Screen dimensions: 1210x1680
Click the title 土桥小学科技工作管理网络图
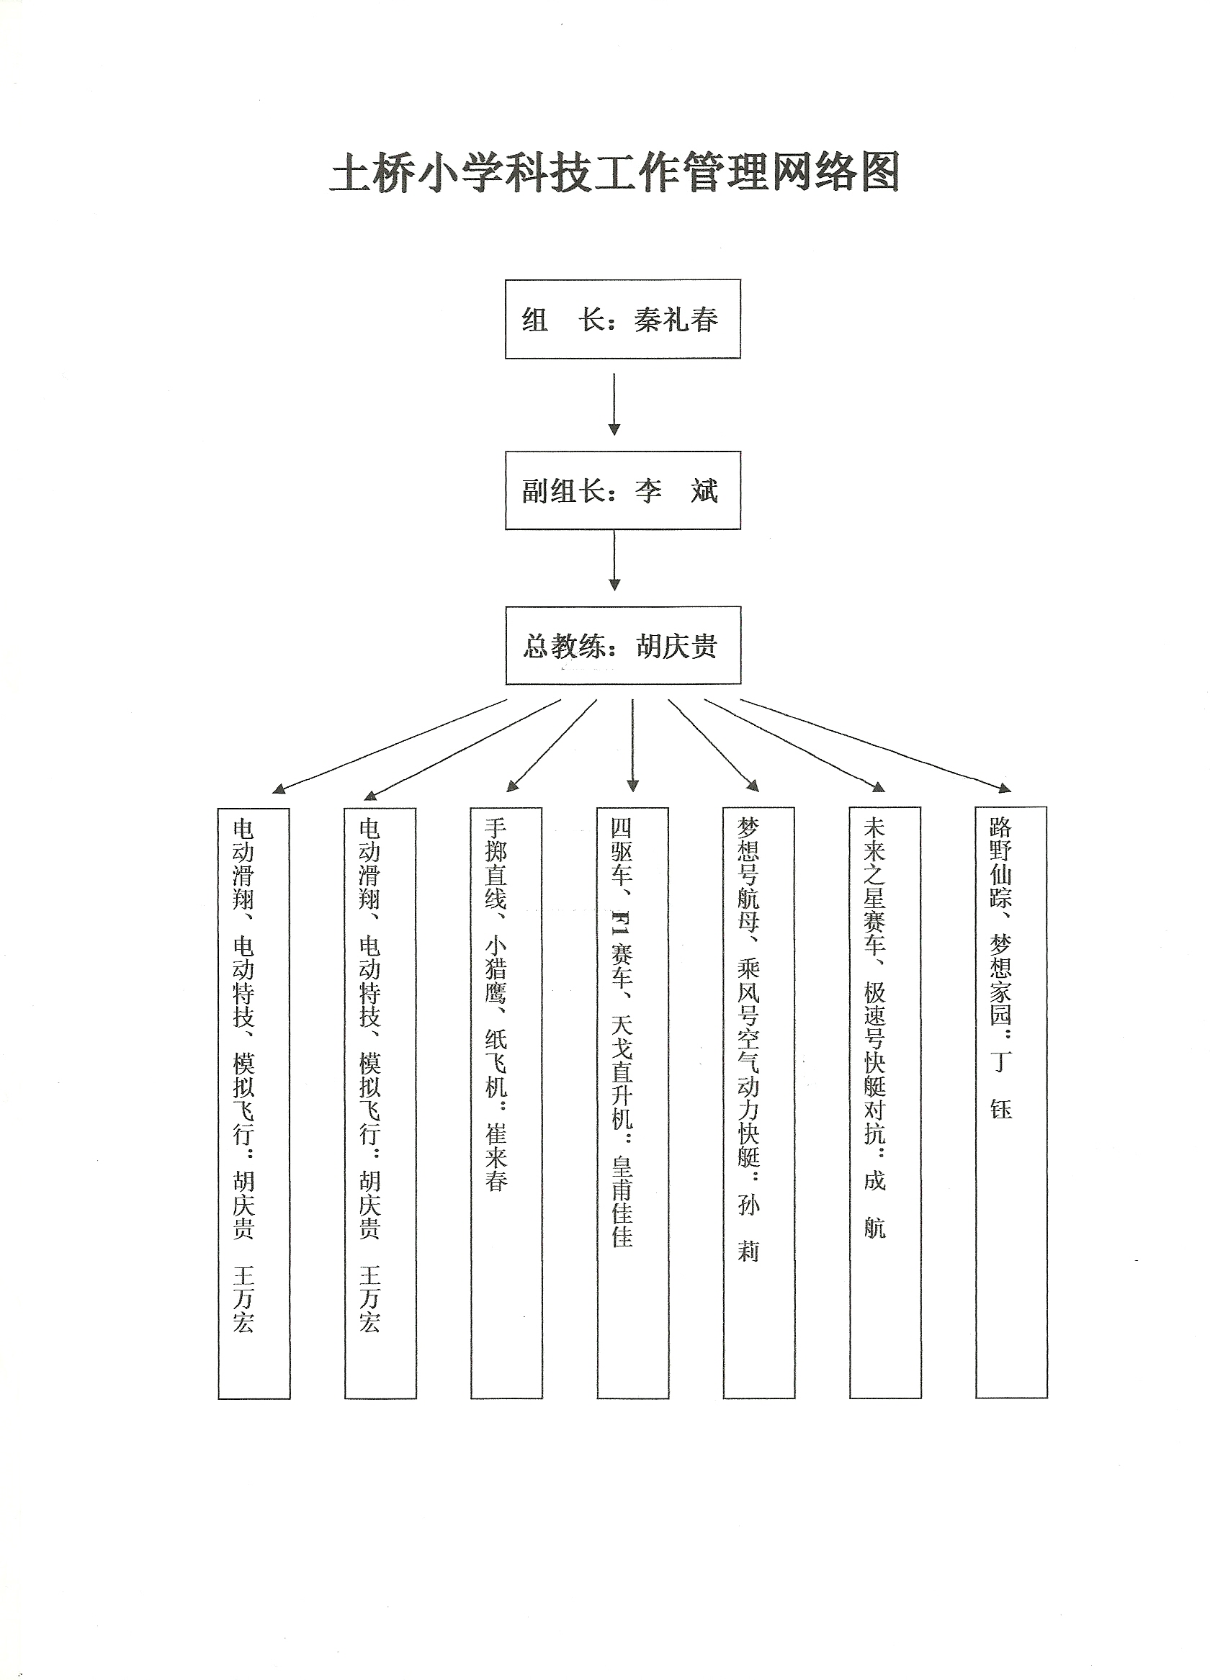[614, 173]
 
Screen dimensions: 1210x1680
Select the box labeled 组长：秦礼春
[622, 318]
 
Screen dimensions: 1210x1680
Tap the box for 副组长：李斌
[622, 490]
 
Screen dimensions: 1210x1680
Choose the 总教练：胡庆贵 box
[622, 645]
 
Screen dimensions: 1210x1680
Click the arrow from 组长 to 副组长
[614, 404]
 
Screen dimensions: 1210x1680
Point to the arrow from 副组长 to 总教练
[614, 561]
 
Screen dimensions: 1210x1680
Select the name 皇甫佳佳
[622, 1200]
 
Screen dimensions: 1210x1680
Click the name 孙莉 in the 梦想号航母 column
[748, 1229]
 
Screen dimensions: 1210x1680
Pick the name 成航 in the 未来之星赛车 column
[874, 1205]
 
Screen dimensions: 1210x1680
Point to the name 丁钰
[1000, 1085]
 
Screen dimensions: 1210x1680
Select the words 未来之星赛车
[874, 886]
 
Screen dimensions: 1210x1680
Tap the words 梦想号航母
[748, 875]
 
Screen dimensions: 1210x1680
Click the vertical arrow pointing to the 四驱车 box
[632, 746]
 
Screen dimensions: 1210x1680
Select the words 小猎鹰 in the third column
[496, 968]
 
